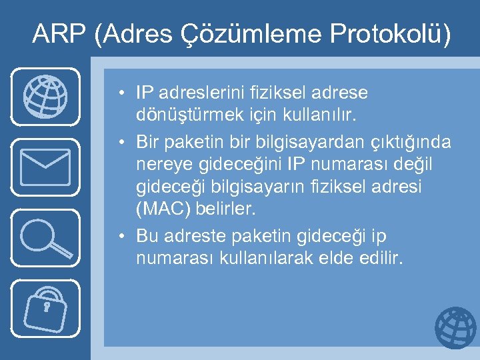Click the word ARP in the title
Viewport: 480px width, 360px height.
pyautogui.click(x=59, y=34)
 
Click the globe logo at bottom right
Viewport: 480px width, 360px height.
pyautogui.click(x=456, y=328)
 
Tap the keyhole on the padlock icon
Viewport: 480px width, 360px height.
pyautogui.click(x=47, y=307)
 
